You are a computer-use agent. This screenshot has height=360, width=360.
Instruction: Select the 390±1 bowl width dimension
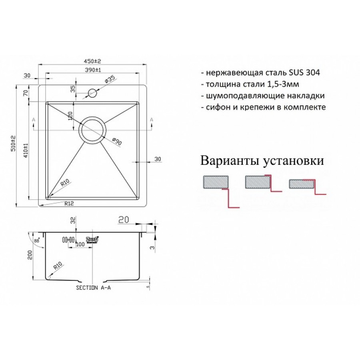[92, 70]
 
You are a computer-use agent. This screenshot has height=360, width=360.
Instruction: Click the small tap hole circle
[93, 94]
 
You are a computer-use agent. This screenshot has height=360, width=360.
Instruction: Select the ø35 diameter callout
[110, 80]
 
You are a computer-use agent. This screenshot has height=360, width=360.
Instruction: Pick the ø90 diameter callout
[116, 141]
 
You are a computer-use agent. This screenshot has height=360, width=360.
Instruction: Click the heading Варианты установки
[262, 161]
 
